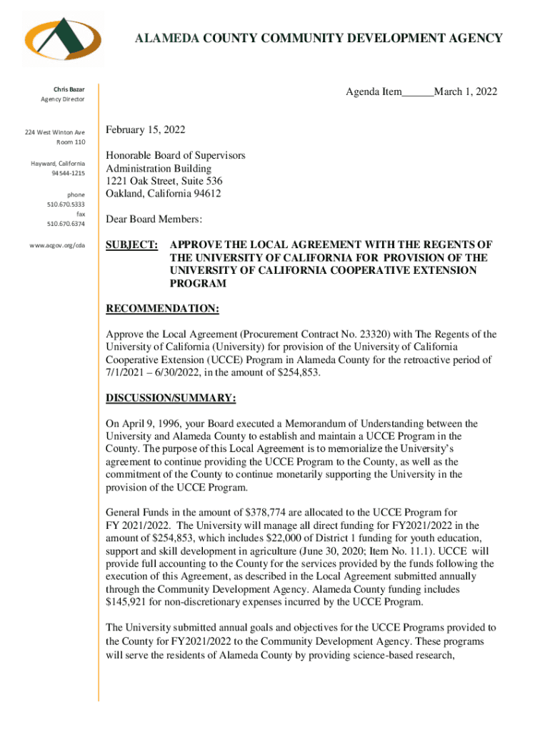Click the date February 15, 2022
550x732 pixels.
pos(146,130)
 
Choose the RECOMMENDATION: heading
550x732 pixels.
pos(162,309)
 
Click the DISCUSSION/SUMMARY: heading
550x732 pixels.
pos(171,397)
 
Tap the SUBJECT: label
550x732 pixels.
pos(132,245)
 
